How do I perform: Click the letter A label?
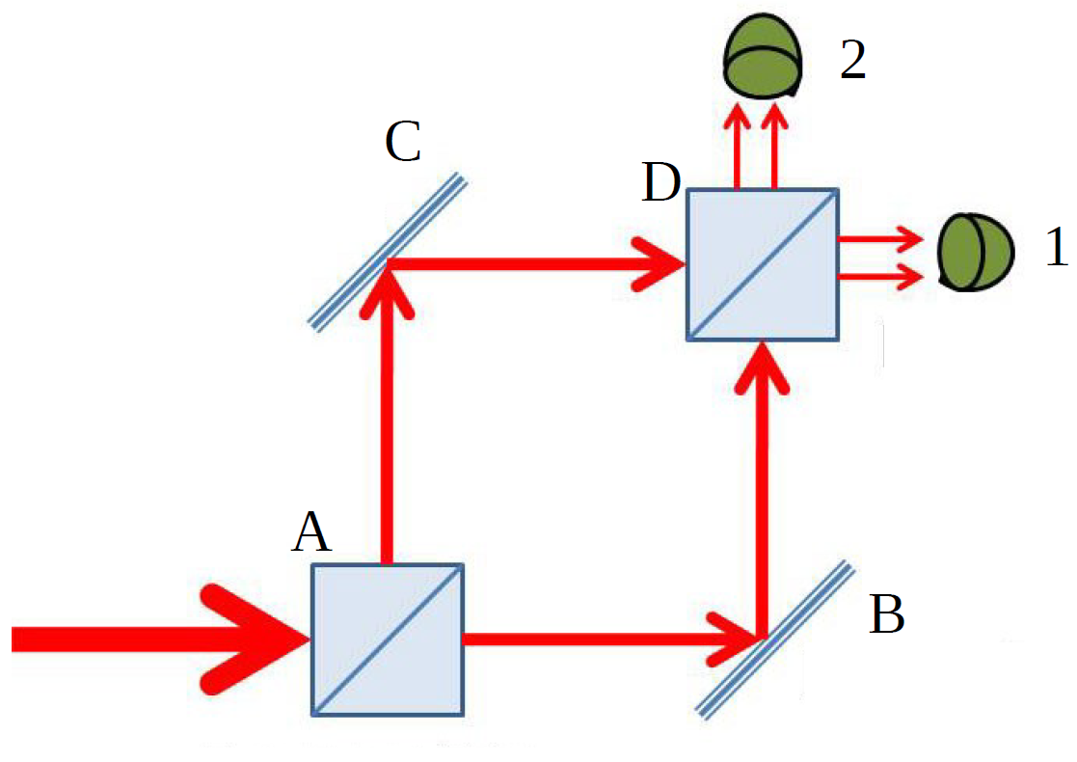pyautogui.click(x=311, y=532)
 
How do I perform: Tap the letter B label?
pyautogui.click(x=887, y=614)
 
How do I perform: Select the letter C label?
pyautogui.click(x=402, y=143)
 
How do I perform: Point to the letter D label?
pyautogui.click(x=660, y=182)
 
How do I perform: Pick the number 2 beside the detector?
pyautogui.click(x=853, y=60)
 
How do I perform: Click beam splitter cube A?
pyautogui.click(x=387, y=639)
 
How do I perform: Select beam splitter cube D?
pyautogui.click(x=762, y=263)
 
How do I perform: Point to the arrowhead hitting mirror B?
pyautogui.click(x=732, y=638)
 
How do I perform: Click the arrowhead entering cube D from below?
pyautogui.click(x=762, y=367)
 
